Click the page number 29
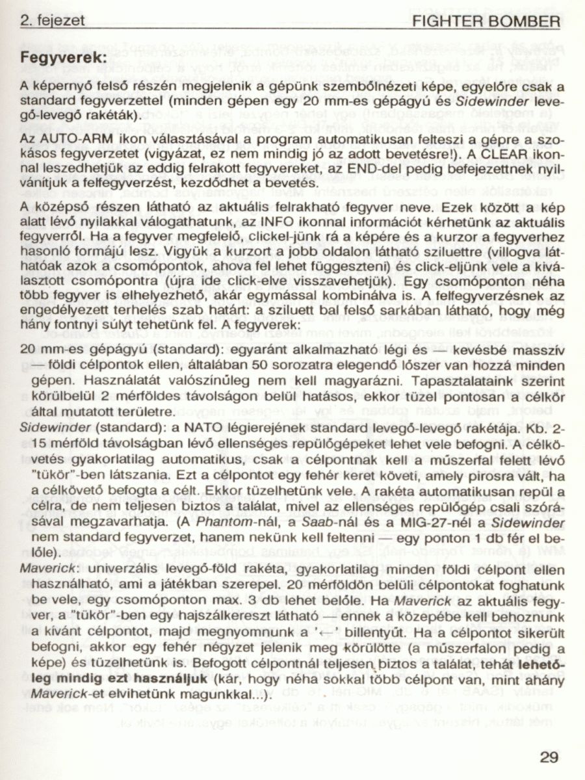pos(549,757)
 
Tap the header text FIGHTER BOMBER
pos(486,22)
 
